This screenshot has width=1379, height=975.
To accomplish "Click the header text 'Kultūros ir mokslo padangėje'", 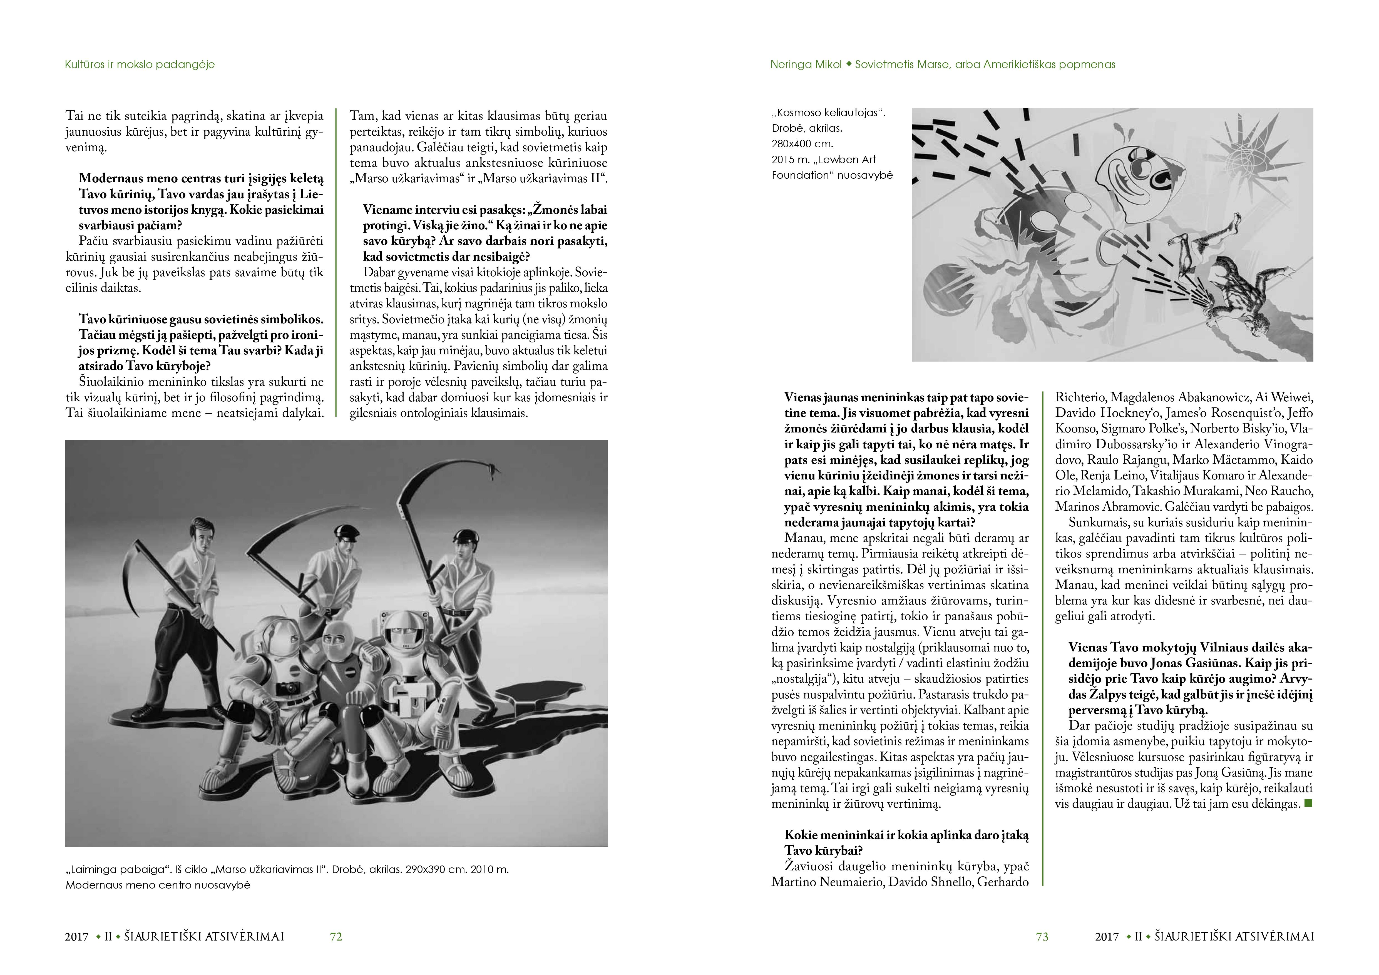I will click(x=139, y=64).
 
